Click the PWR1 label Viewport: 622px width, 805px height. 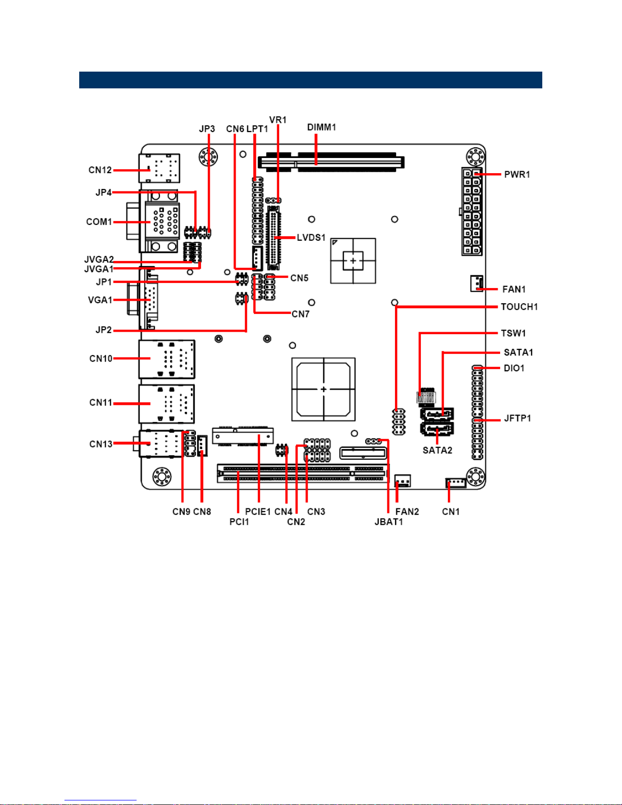(517, 175)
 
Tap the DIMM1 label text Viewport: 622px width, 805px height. (321, 127)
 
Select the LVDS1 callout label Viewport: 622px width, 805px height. (311, 238)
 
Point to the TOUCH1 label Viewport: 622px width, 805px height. (519, 307)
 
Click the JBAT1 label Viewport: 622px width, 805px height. (388, 522)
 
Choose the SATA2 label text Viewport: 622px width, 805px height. (437, 450)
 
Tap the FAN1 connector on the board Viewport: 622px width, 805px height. (476, 283)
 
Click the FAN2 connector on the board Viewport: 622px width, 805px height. (403, 481)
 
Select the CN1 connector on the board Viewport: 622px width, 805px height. (456, 483)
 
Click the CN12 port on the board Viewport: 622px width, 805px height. (159, 168)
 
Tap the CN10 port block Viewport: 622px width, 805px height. (167, 360)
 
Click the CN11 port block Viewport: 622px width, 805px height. (167, 404)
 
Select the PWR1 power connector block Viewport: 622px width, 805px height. (472, 211)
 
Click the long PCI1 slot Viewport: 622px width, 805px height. (303, 473)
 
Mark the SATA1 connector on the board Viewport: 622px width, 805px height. (437, 414)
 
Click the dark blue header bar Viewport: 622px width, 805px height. (311, 80)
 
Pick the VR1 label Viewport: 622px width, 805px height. (278, 120)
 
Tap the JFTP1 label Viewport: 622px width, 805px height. (517, 418)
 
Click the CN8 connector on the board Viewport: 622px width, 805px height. (202, 445)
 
